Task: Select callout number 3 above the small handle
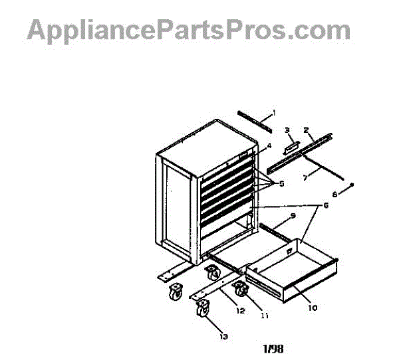coord(287,130)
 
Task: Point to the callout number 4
coord(269,145)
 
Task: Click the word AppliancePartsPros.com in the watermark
coord(188,31)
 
